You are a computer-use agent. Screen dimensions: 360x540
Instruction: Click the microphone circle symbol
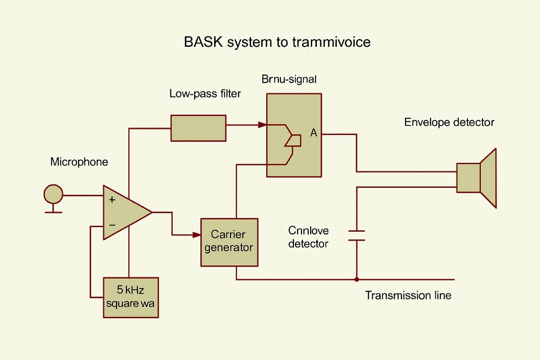click(54, 195)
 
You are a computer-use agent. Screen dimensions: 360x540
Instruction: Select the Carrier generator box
click(229, 242)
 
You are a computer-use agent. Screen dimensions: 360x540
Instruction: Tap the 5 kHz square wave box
click(131, 297)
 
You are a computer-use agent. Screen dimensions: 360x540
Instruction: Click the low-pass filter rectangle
click(198, 128)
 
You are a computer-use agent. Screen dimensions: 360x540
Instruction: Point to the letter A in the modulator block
click(313, 133)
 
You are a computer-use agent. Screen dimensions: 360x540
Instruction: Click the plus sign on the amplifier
click(112, 200)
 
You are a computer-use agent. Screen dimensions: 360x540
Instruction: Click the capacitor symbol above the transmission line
click(357, 235)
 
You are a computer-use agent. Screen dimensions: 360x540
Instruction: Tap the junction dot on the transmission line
click(357, 279)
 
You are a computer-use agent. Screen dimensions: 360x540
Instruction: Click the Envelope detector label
click(449, 122)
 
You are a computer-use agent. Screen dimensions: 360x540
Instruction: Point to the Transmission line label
click(408, 295)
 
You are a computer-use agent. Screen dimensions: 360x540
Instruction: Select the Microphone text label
click(79, 162)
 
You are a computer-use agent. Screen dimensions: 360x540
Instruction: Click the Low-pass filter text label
click(205, 93)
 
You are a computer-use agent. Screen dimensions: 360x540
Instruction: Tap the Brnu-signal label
click(289, 79)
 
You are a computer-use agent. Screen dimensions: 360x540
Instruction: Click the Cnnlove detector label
click(308, 237)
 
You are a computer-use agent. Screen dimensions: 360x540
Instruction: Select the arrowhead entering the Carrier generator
click(197, 234)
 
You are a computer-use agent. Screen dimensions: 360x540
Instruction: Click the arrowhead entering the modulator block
click(262, 125)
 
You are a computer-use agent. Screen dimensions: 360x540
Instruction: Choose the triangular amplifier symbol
click(124, 212)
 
